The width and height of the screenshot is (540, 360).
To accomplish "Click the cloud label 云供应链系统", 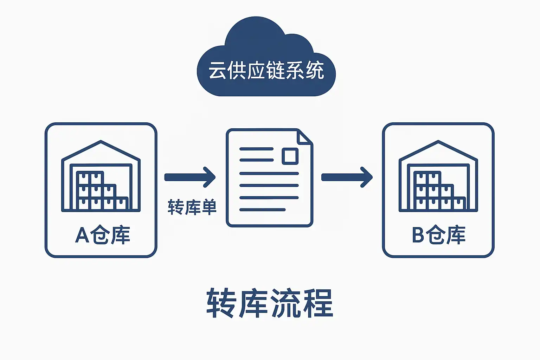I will [x=266, y=71].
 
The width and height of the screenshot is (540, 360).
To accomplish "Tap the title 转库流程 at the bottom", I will [x=270, y=303].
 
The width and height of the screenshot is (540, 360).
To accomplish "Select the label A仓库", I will [x=102, y=235].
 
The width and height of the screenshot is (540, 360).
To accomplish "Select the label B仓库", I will [x=439, y=235].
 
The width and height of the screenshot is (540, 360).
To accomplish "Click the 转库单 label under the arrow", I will [x=192, y=207].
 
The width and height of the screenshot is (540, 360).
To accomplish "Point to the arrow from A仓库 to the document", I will [x=190, y=177].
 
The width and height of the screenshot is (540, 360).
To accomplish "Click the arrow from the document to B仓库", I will [x=347, y=177].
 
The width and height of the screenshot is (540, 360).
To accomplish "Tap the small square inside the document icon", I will [x=290, y=156].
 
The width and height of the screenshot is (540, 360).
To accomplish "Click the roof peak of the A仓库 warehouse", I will [x=101, y=142].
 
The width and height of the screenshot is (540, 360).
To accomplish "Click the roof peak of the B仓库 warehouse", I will [x=438, y=142].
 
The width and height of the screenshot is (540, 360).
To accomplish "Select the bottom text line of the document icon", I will [x=262, y=210].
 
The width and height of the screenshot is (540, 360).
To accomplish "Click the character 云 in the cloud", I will [x=217, y=71].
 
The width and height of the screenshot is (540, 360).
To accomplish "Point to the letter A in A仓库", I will [x=82, y=235].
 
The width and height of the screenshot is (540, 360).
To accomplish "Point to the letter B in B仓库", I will [x=418, y=235].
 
